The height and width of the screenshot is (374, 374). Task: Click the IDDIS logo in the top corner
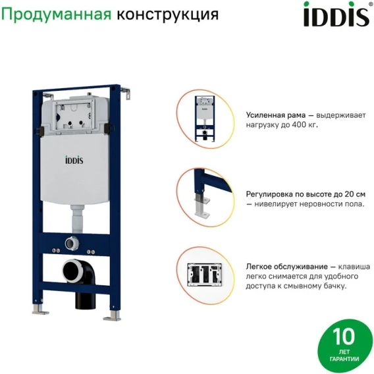(x=337, y=14)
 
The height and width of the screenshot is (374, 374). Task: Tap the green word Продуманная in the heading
(x=56, y=14)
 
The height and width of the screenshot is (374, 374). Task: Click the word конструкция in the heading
(x=167, y=14)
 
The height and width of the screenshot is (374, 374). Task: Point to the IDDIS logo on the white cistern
(x=74, y=160)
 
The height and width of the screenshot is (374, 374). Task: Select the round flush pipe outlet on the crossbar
(x=72, y=243)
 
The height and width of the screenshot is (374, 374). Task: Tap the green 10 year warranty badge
(x=344, y=346)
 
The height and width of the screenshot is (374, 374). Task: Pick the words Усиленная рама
(x=276, y=115)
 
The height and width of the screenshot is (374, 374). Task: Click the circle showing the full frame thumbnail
(x=205, y=119)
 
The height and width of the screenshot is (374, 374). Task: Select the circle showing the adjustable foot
(x=205, y=198)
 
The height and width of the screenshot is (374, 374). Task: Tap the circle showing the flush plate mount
(x=205, y=275)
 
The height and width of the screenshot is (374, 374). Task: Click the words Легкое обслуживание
(x=286, y=267)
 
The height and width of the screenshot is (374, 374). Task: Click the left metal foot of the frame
(x=40, y=309)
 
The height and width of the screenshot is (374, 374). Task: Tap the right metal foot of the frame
(x=113, y=316)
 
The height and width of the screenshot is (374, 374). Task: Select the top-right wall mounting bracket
(x=125, y=93)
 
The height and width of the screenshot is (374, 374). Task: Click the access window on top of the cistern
(x=73, y=115)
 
